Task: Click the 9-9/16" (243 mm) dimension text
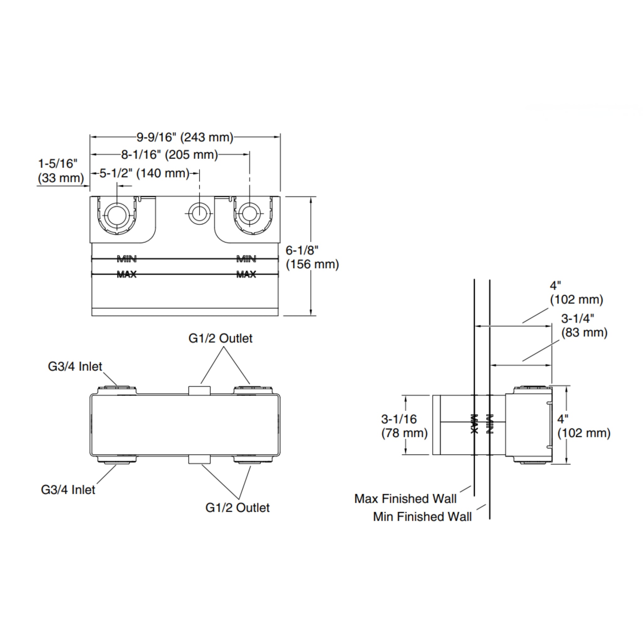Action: (185, 137)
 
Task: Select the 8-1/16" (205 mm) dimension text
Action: (170, 154)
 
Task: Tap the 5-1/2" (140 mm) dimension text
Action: (144, 173)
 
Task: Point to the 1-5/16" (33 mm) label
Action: (61, 171)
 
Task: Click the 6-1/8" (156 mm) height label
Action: (312, 257)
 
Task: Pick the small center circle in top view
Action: (199, 213)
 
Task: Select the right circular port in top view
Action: (250, 213)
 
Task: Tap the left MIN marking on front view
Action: (127, 259)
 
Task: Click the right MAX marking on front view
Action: (246, 275)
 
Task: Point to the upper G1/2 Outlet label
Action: (220, 338)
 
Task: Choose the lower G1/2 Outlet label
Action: (237, 508)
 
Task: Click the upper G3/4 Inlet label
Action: (75, 367)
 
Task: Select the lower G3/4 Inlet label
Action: (68, 490)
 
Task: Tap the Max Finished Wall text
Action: (405, 499)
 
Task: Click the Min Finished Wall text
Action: (422, 517)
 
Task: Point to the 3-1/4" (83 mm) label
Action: (584, 326)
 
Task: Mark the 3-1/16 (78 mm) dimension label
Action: (404, 426)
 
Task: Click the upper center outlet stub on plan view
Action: (199, 390)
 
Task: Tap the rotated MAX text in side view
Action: (474, 424)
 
